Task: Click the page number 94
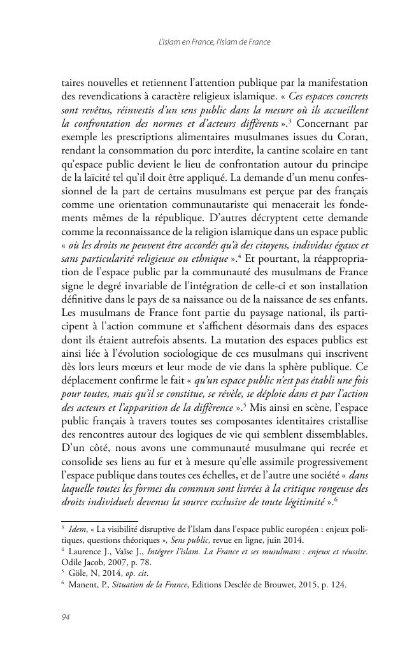click(x=65, y=617)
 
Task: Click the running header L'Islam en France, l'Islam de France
click(x=214, y=42)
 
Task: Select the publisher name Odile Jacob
click(x=82, y=564)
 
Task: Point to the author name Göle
click(x=78, y=575)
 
